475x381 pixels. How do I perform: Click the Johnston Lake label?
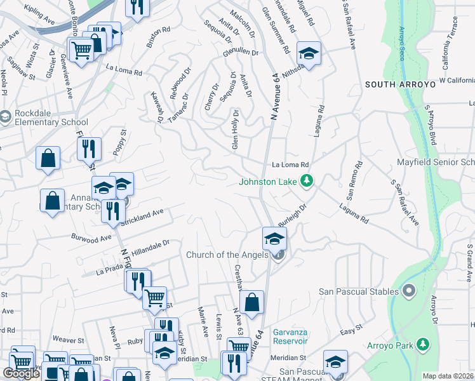[267, 182]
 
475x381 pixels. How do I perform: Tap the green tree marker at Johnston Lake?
[307, 182]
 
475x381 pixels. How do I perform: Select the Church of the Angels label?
[226, 255]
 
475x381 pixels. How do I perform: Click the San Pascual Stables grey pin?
[408, 291]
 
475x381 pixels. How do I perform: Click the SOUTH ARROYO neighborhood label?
[400, 84]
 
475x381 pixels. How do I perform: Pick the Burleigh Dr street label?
[291, 215]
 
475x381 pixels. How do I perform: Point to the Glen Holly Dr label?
[236, 130]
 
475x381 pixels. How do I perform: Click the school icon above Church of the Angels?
[274, 239]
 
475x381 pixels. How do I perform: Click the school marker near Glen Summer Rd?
[309, 53]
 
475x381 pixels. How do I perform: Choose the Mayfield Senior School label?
[436, 163]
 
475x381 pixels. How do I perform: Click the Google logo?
[21, 373]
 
